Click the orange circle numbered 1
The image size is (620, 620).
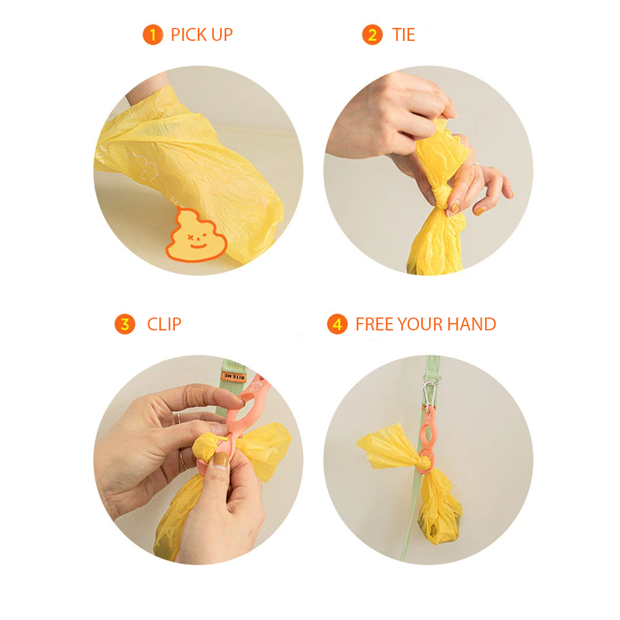(x=153, y=35)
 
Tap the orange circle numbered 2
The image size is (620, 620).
(x=372, y=35)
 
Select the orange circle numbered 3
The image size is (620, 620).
(x=125, y=324)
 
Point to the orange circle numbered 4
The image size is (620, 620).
(x=337, y=324)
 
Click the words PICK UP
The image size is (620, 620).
(x=201, y=35)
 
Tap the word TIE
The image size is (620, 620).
(x=404, y=35)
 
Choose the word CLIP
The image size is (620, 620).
(x=164, y=324)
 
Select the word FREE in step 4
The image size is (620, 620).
(x=375, y=324)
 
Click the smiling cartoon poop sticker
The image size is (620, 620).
(x=196, y=235)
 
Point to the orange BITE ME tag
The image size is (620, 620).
(x=234, y=376)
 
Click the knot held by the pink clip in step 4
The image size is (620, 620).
(x=424, y=462)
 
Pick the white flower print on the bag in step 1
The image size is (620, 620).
(x=143, y=166)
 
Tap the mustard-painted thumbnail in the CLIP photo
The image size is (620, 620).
(x=221, y=460)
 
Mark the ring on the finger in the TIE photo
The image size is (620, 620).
(x=476, y=164)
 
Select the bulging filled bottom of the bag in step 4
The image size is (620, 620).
(x=440, y=524)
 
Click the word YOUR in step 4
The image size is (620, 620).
(x=421, y=324)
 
